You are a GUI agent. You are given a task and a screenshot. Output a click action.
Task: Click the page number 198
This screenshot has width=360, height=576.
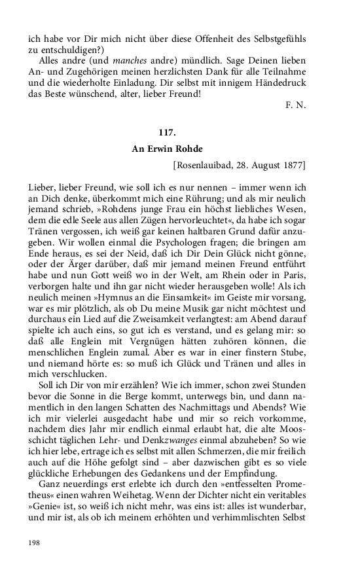coord(34,543)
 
